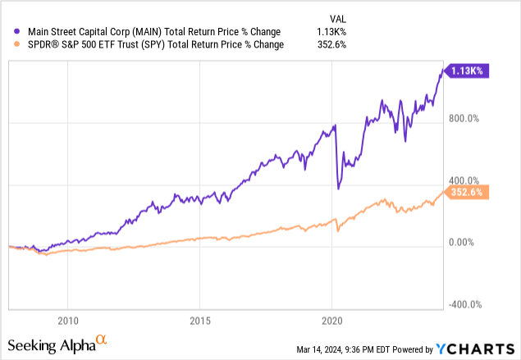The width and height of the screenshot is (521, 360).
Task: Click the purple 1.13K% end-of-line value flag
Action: pos(469,72)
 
